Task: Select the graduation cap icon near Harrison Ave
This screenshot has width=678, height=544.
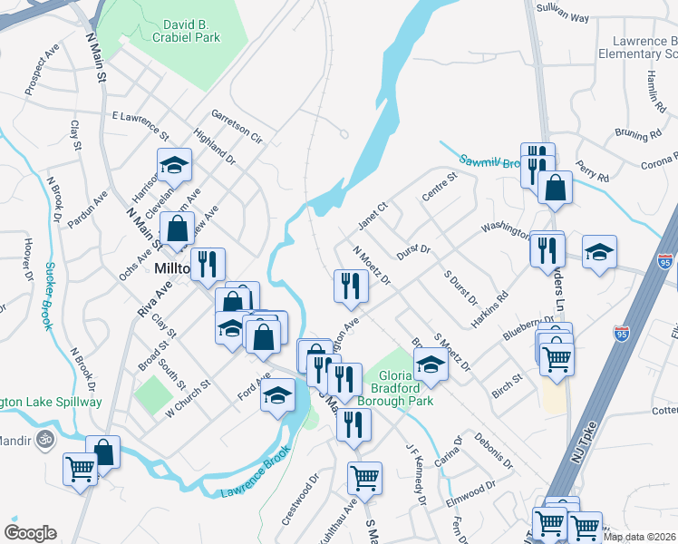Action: (x=174, y=165)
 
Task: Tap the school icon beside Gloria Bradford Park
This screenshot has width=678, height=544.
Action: (x=431, y=364)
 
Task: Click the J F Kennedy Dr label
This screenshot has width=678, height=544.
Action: (x=415, y=473)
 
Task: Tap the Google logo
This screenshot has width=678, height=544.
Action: (x=30, y=532)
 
